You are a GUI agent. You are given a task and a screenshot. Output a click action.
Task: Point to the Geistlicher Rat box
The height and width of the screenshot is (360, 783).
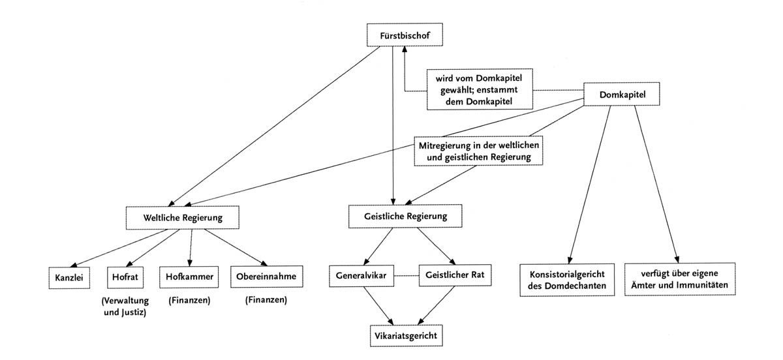click(455, 277)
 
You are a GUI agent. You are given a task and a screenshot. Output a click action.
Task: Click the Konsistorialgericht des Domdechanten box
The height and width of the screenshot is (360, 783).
click(567, 280)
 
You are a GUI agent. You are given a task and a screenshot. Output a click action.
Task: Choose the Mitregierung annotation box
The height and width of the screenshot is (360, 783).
click(480, 150)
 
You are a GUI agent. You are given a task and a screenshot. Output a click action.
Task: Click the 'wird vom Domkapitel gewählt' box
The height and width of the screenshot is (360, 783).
click(479, 89)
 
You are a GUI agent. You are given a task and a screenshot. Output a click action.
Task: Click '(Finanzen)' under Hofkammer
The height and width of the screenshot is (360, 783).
click(189, 301)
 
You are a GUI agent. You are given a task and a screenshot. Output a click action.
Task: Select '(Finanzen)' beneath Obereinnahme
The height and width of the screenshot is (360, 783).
click(266, 301)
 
